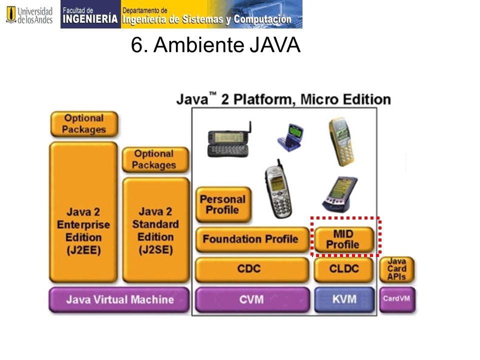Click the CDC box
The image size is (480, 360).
(252, 269)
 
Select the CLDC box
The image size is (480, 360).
(344, 269)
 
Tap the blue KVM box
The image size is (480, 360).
(344, 299)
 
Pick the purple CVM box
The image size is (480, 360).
(252, 299)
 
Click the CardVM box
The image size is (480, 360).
(397, 299)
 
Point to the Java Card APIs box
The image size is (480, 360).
(396, 269)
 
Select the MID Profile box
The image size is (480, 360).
(344, 239)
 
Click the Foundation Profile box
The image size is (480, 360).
(252, 239)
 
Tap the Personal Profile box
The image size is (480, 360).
(223, 204)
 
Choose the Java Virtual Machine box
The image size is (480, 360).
(119, 299)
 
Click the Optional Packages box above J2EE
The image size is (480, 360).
(84, 123)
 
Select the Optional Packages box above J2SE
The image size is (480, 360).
(155, 159)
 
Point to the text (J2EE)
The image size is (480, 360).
(83, 250)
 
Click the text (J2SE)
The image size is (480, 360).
(155, 250)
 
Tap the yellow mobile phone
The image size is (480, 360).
(341, 141)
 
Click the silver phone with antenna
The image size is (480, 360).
(278, 190)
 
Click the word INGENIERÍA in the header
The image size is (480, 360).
(90, 19)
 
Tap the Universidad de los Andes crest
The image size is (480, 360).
(11, 14)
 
